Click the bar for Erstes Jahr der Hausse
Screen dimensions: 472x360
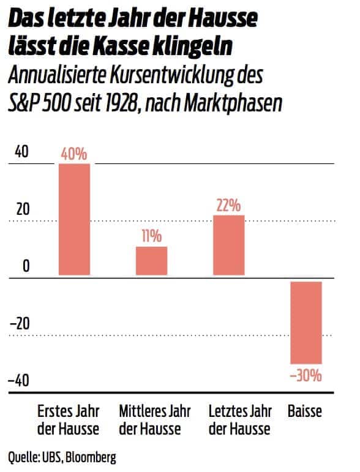coord(74,220)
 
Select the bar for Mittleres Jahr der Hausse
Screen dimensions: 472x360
coord(151,261)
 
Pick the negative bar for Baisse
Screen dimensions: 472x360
coord(306,322)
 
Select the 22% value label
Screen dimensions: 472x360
coord(228,205)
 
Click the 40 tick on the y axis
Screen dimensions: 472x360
coord(21,152)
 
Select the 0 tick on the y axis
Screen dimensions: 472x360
coord(25,266)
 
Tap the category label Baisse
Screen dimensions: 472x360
coord(304,411)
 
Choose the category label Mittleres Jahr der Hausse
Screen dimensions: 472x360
coord(150,419)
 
